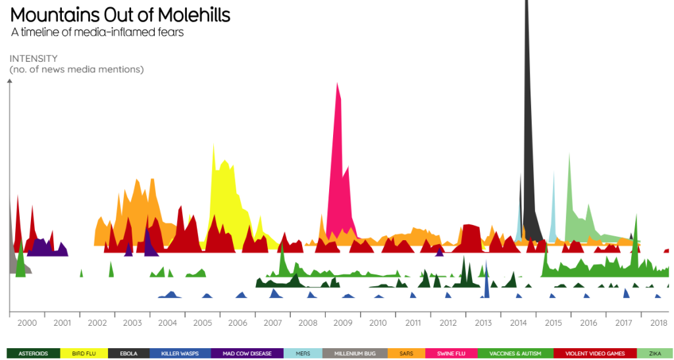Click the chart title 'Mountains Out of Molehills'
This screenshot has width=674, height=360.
(120, 15)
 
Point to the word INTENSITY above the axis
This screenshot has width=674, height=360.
(34, 59)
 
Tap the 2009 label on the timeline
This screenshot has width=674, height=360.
(343, 323)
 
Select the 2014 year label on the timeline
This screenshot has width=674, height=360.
(519, 323)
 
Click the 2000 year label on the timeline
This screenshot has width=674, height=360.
(27, 323)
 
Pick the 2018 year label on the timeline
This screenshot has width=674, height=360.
(659, 323)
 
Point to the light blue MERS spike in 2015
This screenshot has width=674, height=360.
(553, 204)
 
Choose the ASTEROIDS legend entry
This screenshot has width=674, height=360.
(34, 353)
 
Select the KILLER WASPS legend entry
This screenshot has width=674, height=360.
(180, 353)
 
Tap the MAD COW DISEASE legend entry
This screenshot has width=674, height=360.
(247, 353)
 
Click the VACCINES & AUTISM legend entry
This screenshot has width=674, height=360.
(515, 353)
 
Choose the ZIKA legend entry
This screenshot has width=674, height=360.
(655, 353)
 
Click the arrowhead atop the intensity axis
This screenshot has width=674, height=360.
(9, 82)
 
